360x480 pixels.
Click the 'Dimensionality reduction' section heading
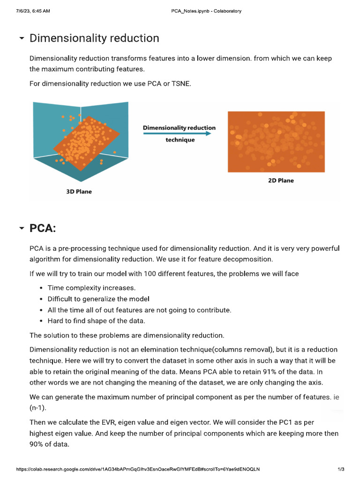(94, 38)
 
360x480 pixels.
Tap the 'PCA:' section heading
(43, 228)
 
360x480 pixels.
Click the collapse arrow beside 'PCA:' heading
(22, 228)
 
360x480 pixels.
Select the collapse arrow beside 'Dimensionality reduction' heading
(22, 38)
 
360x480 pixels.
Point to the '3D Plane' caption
(78, 191)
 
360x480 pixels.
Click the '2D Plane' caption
(281, 180)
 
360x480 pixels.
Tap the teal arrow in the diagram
(177, 134)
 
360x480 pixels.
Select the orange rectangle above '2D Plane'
(276, 142)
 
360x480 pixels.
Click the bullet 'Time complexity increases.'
(91, 288)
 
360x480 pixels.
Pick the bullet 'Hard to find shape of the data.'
(96, 321)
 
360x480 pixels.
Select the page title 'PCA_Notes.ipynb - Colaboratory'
(206, 11)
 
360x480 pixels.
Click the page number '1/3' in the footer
(341, 469)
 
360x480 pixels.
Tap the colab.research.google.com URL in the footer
(138, 469)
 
